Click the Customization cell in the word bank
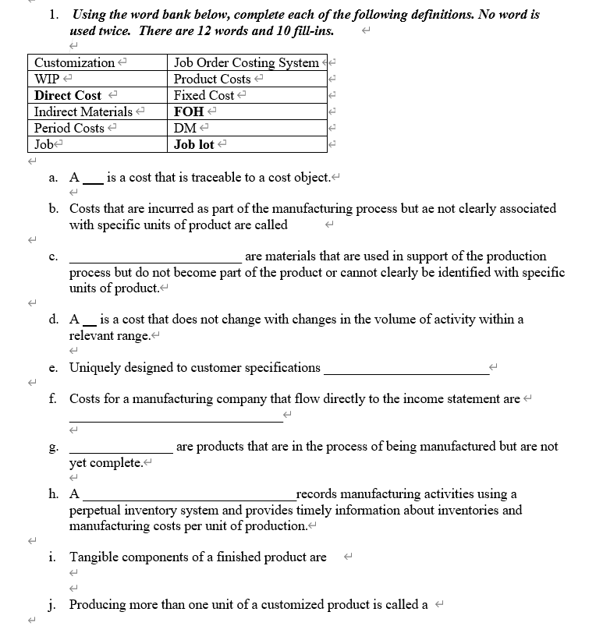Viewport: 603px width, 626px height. click(75, 62)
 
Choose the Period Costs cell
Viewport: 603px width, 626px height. click(69, 128)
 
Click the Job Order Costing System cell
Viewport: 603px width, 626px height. click(246, 62)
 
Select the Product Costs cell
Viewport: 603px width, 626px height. click(212, 79)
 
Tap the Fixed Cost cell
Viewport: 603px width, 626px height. click(204, 95)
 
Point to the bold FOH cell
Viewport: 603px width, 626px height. click(188, 111)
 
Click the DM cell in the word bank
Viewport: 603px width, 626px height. click(185, 128)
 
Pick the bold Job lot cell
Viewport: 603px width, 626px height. click(195, 144)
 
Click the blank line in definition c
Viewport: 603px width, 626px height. click(155, 260)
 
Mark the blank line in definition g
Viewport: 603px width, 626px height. click(121, 451)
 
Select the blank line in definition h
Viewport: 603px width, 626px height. click(188, 498)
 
